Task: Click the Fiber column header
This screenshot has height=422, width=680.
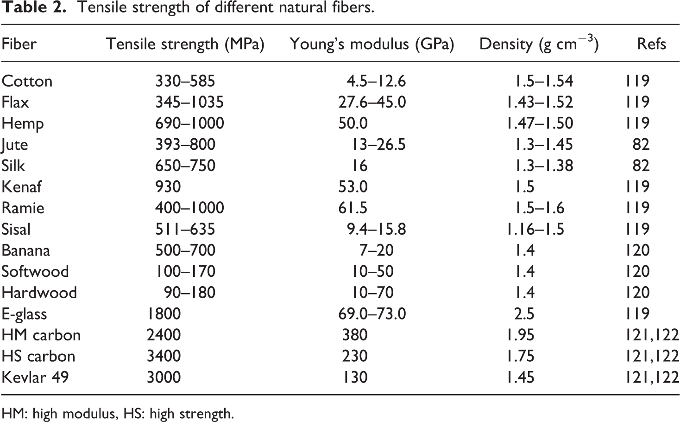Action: point(19,44)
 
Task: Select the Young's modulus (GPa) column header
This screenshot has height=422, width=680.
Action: point(371,44)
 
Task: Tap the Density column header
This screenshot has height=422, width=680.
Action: point(539,44)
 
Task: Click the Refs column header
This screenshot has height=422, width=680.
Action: point(651,44)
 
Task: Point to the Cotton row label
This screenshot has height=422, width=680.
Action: point(27,81)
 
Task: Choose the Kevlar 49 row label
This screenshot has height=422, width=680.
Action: point(35,377)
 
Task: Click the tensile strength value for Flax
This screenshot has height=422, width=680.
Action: point(189,102)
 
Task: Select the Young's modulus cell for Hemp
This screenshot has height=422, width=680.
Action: point(353,123)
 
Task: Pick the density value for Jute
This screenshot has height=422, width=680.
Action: point(543,145)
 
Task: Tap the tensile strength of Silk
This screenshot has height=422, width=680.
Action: point(185,166)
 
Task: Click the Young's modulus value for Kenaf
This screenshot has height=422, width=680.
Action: point(353,187)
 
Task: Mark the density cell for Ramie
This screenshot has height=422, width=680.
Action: point(539,208)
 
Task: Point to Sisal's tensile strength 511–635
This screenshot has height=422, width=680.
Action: point(185,229)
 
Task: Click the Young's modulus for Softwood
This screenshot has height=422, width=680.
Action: point(372,271)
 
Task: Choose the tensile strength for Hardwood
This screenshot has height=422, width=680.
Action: point(189,293)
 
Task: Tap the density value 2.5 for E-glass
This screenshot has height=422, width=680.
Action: point(524,314)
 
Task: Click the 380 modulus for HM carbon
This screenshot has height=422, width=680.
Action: point(355,335)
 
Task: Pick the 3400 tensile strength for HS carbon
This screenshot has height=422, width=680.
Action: point(164,356)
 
